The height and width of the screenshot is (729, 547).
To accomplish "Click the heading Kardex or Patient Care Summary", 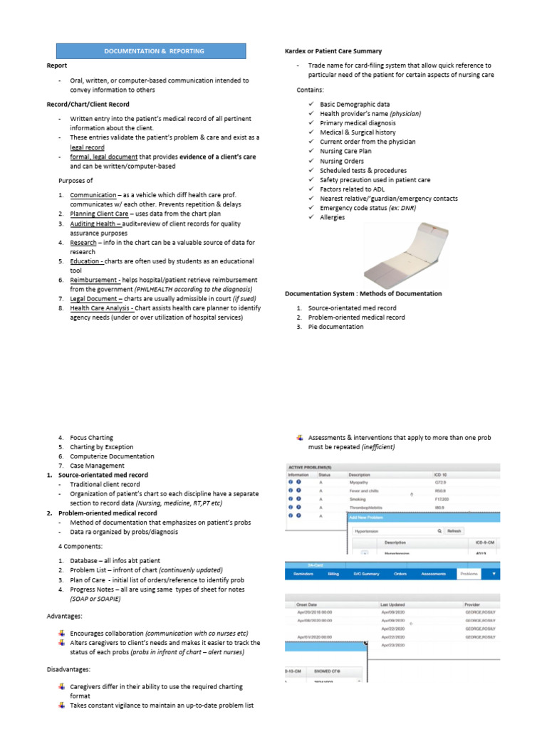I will tap(333, 51).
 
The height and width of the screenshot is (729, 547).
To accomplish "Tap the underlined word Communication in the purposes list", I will tap(93, 195).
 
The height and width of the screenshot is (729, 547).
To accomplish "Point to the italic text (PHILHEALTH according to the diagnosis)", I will tap(193, 290).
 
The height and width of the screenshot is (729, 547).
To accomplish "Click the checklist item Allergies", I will tap(332, 217).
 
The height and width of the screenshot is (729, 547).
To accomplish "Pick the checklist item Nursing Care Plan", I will tap(345, 152).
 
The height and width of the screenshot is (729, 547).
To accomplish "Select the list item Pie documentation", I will tap(335, 327).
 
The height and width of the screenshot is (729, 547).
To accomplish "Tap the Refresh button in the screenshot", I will tap(454, 531).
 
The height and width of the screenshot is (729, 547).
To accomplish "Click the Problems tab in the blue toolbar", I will tap(469, 573).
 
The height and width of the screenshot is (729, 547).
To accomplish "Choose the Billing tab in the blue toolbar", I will tap(333, 573).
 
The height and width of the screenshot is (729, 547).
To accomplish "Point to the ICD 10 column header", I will tap(442, 474).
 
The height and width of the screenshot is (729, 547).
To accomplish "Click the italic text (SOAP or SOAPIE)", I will tap(95, 599).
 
